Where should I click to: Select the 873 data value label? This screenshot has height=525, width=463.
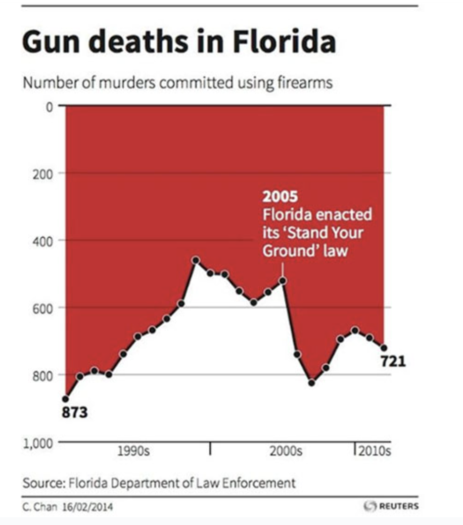(75, 412)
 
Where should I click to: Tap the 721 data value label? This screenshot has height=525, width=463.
(393, 362)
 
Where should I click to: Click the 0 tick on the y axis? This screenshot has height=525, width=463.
(49, 106)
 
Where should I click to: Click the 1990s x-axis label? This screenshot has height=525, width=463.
(133, 451)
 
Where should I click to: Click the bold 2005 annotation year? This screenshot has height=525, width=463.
(280, 197)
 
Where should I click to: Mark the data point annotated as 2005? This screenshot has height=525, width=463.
(283, 280)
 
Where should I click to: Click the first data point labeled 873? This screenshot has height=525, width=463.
(65, 398)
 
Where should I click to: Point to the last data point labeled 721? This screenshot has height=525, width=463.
(383, 348)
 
